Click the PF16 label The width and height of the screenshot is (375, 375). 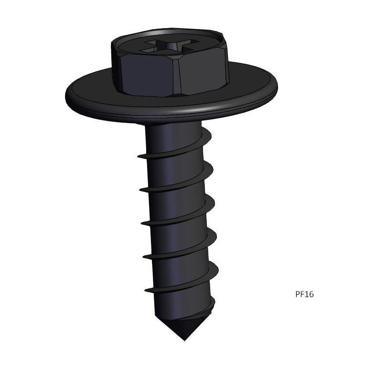click(x=304, y=294)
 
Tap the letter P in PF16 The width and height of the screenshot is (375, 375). click(x=298, y=294)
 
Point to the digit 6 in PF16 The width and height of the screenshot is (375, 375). click(x=311, y=294)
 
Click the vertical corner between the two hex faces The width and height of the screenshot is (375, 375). click(x=177, y=76)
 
